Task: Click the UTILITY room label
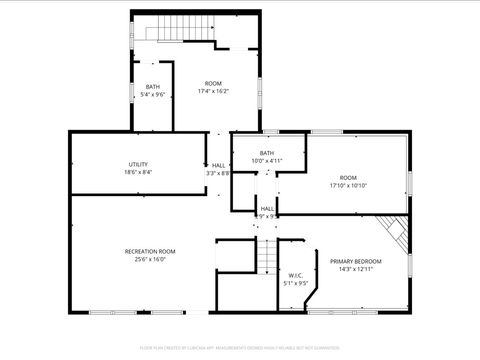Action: click(138, 164)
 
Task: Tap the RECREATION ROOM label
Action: click(150, 251)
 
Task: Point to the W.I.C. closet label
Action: click(296, 275)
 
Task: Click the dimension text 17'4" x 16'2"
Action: click(215, 91)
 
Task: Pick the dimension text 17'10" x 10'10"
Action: click(348, 185)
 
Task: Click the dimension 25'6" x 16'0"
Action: click(150, 259)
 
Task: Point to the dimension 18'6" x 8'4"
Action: click(138, 172)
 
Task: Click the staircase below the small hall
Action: click(266, 257)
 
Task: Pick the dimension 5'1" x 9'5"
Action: click(296, 283)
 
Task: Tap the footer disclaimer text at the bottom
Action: click(240, 349)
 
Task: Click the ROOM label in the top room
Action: click(214, 83)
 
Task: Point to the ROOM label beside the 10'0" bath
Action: click(348, 177)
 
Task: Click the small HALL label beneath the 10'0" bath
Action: click(268, 208)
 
